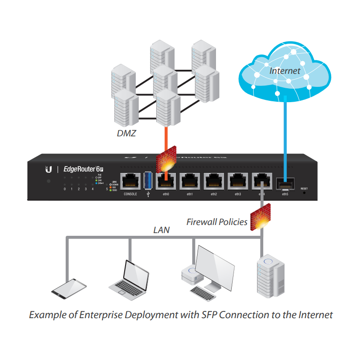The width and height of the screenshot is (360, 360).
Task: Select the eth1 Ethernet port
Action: [189, 181]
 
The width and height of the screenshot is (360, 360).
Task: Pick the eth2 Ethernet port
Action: [213, 181]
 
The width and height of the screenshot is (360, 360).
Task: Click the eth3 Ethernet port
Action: [237, 181]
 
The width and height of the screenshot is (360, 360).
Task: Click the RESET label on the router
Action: [304, 189]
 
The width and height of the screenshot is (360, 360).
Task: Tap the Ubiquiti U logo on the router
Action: [49, 169]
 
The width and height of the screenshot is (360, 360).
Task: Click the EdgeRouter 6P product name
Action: [84, 169]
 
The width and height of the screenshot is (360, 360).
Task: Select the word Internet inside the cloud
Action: [284, 71]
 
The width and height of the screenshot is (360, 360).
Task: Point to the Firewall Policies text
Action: [217, 222]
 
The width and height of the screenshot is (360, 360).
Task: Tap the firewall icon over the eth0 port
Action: [165, 161]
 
